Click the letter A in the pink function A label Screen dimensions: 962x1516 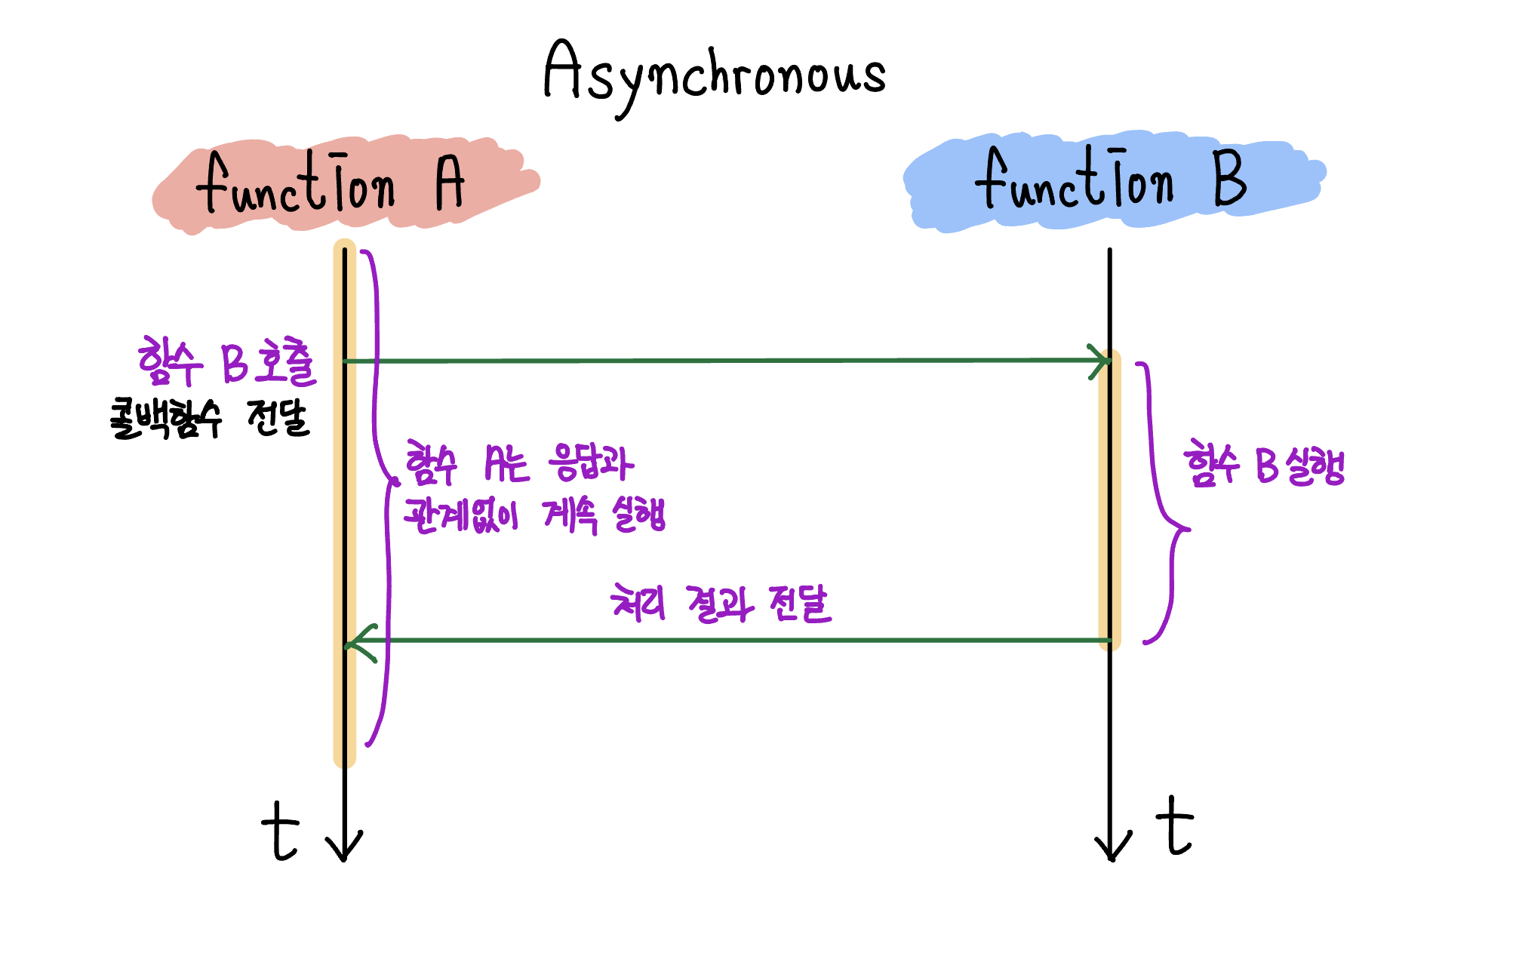point(450,183)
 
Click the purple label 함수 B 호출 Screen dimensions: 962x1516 point(227,362)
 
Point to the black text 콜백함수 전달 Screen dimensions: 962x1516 point(210,419)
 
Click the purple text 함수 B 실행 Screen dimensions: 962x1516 point(1264,464)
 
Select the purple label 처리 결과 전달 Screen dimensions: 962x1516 point(721,604)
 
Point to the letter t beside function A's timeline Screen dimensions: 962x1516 point(281,831)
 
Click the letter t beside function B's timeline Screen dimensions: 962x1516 point(1174,826)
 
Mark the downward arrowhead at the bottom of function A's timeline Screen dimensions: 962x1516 point(344,849)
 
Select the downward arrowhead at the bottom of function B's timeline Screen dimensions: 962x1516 point(1112,849)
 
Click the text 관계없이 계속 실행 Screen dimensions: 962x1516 point(534,516)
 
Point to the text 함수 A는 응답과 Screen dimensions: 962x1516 point(519,463)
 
